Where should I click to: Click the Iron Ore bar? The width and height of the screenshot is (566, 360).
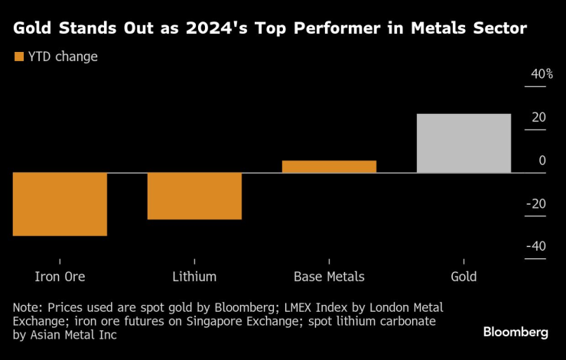[x=60, y=204]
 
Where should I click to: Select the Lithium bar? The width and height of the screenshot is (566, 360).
[x=194, y=196]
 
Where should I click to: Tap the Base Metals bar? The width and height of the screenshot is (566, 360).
[x=329, y=167]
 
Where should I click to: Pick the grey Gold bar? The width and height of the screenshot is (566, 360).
[x=464, y=143]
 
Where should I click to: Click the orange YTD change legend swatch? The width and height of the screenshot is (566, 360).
[x=19, y=57]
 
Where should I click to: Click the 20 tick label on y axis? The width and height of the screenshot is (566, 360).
[x=538, y=118]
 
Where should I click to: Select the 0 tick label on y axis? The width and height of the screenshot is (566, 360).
[x=542, y=161]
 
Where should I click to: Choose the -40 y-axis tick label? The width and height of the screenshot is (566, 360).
[x=535, y=246]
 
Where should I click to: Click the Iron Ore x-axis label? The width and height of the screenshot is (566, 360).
[x=60, y=277]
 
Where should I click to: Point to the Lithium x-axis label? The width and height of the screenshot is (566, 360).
[x=194, y=277]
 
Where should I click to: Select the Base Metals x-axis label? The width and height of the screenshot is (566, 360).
[x=329, y=277]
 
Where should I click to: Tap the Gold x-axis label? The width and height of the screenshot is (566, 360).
[x=464, y=277]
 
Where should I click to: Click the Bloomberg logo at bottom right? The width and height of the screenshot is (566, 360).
[x=516, y=332]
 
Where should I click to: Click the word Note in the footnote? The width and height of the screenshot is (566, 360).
[x=26, y=306]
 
